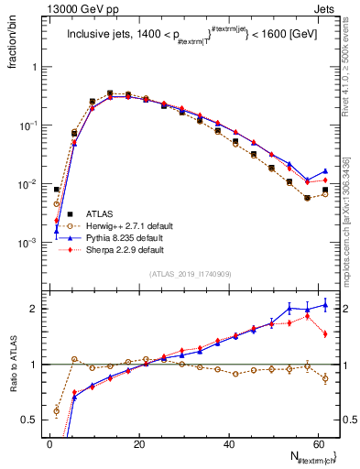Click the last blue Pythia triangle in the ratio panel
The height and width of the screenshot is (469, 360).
[325, 305]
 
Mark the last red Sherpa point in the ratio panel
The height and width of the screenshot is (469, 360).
[325, 334]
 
